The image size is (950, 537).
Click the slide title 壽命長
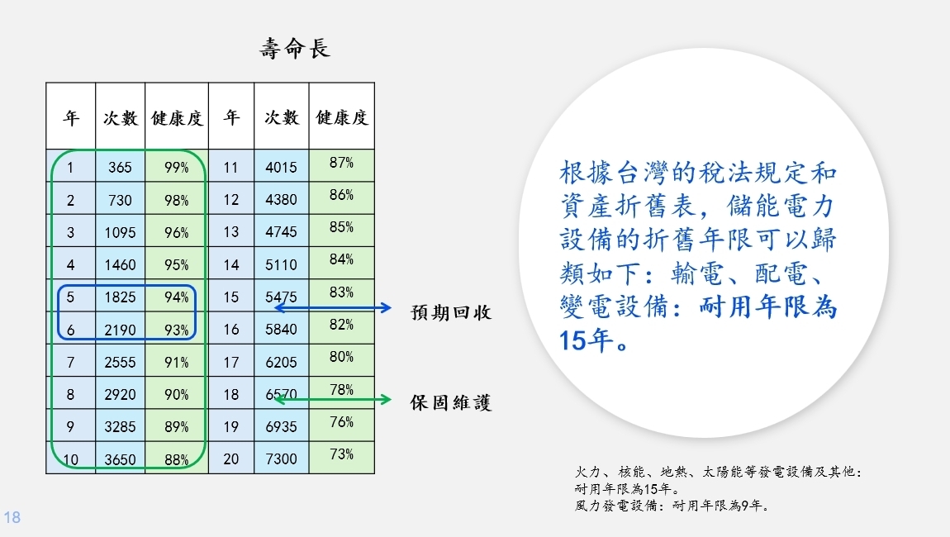[295, 49]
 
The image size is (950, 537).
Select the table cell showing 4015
[281, 167]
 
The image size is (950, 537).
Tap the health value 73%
[342, 454]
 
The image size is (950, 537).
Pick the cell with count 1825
[120, 297]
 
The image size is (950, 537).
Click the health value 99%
[177, 167]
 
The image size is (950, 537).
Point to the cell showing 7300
[281, 459]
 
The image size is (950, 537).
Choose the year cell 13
[230, 232]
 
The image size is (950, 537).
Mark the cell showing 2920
[120, 395]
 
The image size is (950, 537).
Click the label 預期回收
[451, 313]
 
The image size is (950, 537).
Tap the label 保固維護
[451, 402]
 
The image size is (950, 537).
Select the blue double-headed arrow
[333, 308]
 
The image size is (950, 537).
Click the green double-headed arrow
[333, 399]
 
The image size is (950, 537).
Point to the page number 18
[12, 517]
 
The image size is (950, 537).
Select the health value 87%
[342, 163]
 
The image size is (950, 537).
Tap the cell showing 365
[120, 167]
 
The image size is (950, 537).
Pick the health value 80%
[342, 356]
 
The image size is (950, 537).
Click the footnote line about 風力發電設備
[672, 506]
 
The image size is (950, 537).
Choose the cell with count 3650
[120, 459]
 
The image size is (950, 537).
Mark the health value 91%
[177, 363]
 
